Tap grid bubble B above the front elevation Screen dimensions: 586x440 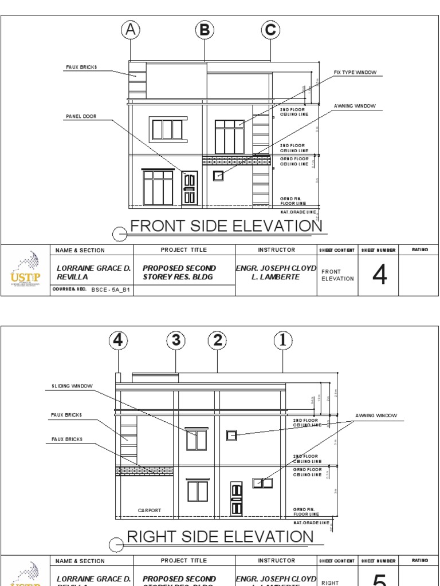[x=205, y=30]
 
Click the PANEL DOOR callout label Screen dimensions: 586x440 [x=81, y=117]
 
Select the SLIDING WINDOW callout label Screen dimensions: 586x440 [x=68, y=386]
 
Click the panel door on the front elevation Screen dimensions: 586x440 [x=190, y=188]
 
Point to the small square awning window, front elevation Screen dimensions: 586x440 [x=218, y=176]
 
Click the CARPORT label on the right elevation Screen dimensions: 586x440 [x=150, y=510]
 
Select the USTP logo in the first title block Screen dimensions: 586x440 [x=26, y=271]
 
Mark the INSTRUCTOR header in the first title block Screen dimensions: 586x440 [x=276, y=250]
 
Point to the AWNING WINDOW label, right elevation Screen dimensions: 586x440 [x=375, y=415]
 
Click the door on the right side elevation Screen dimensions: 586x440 [x=236, y=498]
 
